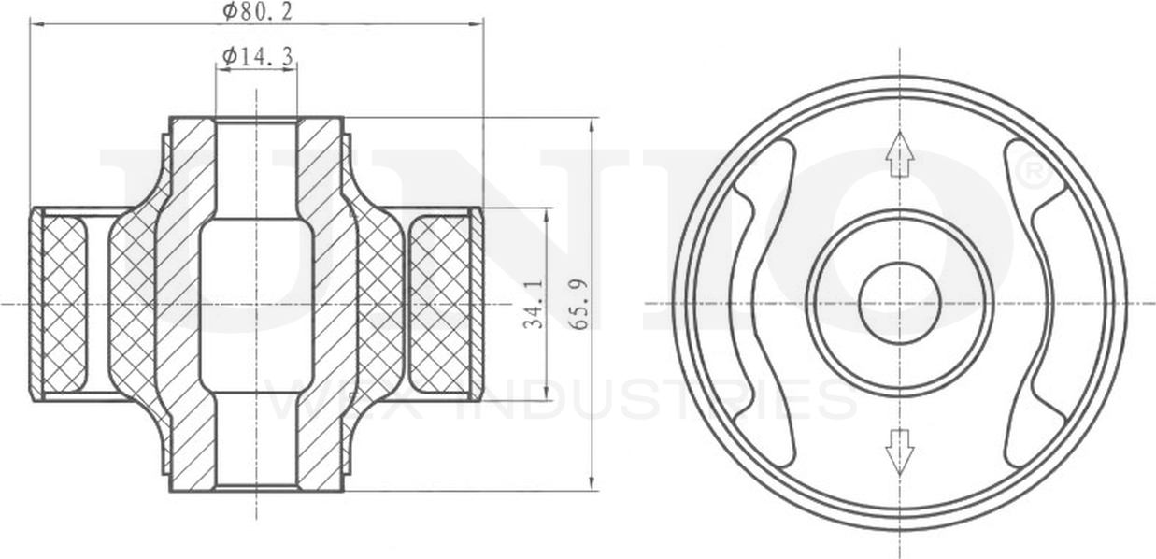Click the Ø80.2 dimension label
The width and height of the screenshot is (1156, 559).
click(257, 11)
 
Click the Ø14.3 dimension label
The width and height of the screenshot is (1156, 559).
click(257, 57)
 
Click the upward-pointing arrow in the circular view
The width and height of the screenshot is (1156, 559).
click(899, 154)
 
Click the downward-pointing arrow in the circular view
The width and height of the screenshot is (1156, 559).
click(899, 451)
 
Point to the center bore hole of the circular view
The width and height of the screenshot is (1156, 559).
click(899, 304)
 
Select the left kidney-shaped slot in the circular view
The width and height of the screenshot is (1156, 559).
click(762, 304)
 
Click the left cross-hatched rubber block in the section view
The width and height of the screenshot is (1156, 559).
click(65, 304)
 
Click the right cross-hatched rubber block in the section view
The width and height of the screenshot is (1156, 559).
click(441, 304)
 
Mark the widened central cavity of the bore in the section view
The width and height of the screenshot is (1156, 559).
click(256, 304)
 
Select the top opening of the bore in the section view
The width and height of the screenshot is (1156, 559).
click(256, 122)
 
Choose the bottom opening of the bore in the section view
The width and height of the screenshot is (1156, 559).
click(256, 484)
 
